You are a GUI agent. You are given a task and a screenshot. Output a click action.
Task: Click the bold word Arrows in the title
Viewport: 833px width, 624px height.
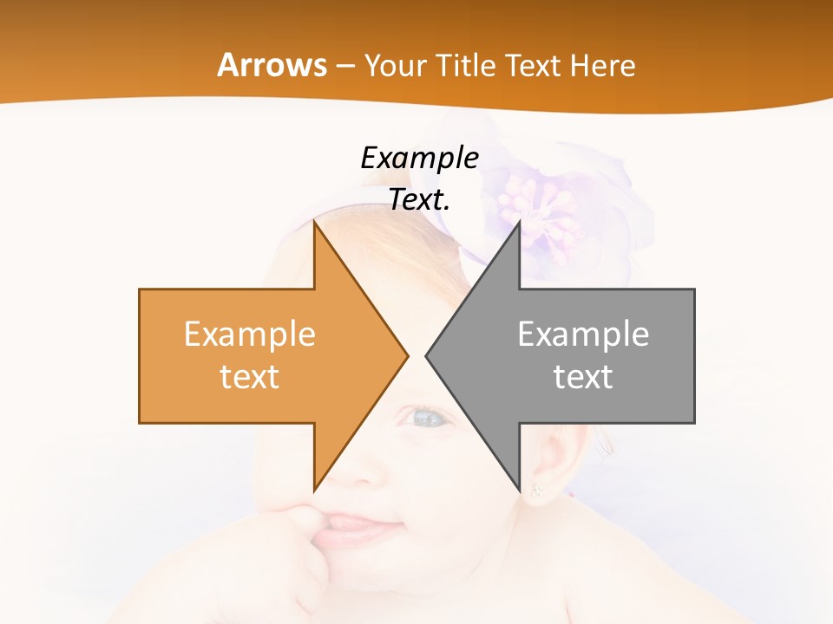point(272,65)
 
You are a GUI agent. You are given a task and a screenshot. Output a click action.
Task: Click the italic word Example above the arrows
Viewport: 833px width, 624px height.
point(419,158)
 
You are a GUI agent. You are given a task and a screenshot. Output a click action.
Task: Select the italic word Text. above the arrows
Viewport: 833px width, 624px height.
point(419,199)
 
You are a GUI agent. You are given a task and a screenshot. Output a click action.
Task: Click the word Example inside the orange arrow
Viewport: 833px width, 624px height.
point(249,334)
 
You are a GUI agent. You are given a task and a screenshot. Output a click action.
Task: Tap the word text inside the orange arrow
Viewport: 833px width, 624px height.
point(249,376)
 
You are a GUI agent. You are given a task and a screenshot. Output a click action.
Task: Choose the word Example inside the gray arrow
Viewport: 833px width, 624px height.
point(583,334)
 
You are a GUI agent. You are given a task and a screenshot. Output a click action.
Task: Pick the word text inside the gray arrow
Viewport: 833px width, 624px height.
point(583,376)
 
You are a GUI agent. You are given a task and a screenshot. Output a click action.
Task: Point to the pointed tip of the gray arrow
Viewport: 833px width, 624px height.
point(428,355)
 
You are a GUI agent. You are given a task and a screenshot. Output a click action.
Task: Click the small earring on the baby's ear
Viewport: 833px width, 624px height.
point(535,492)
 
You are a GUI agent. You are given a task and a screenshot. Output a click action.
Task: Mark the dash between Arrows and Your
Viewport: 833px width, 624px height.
point(345,66)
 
